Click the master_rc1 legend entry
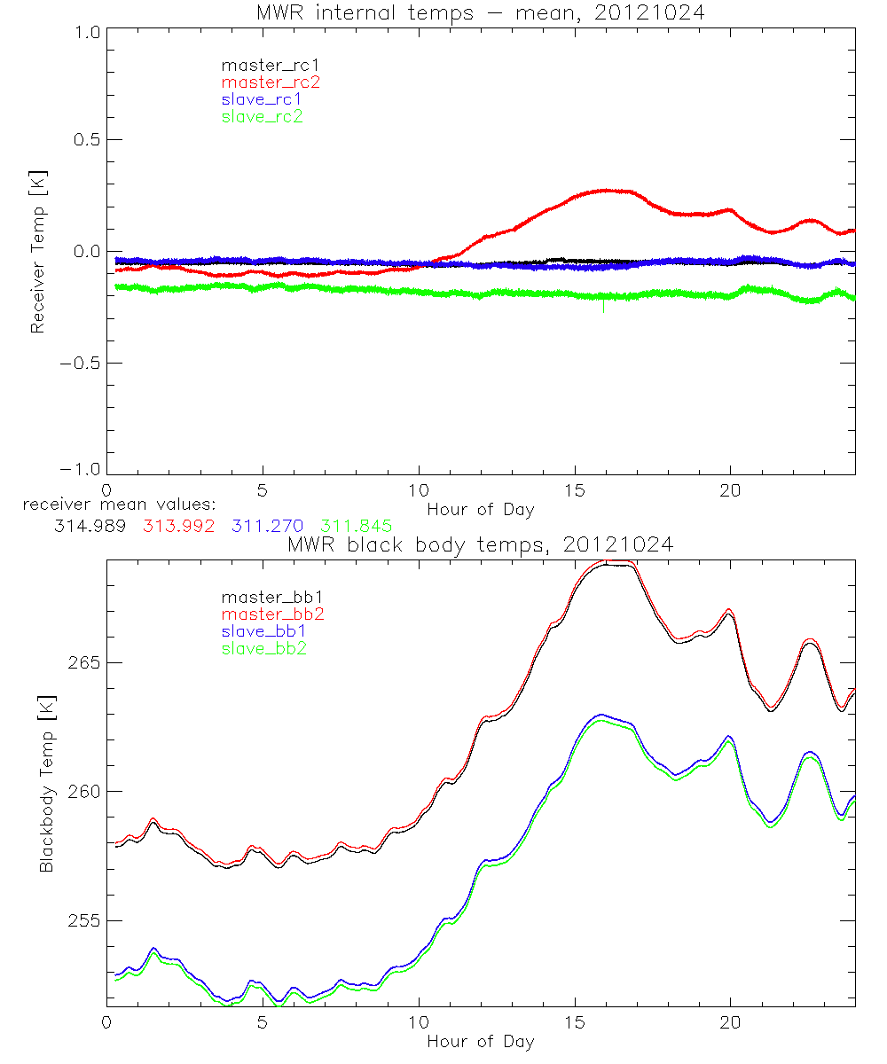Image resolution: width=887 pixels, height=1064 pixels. click(x=262, y=65)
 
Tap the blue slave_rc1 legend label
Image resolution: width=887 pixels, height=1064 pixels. click(x=262, y=99)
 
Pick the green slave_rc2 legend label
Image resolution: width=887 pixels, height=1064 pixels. click(x=262, y=116)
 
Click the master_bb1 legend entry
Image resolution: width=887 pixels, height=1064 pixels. click(x=265, y=598)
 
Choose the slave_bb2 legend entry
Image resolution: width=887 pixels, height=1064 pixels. click(x=265, y=649)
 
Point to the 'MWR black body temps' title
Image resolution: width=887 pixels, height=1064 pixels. click(x=481, y=545)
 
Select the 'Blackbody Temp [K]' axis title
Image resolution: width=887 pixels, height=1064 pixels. click(x=46, y=786)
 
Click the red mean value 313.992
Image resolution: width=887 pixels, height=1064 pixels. click(x=176, y=526)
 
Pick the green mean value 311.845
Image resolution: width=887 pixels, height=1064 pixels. click(x=357, y=526)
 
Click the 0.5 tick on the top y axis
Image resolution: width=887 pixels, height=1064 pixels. click(x=85, y=140)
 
